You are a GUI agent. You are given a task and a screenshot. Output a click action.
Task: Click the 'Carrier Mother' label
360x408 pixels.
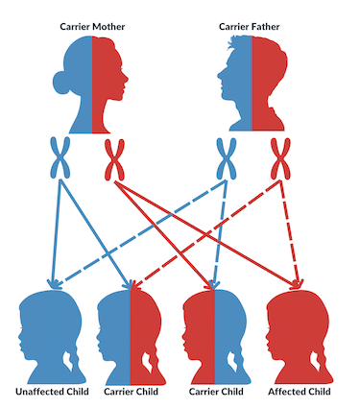[92, 27]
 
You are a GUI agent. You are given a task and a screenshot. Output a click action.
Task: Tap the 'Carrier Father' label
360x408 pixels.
[250, 27]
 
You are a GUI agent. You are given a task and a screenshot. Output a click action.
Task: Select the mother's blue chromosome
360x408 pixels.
[60, 157]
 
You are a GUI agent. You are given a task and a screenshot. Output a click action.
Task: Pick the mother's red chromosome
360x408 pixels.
[114, 159]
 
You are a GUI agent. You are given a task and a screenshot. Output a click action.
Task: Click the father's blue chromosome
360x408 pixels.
[227, 158]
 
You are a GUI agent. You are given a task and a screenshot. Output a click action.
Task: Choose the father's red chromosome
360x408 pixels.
[280, 158]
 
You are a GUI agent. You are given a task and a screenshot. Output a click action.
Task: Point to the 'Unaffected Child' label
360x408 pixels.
[52, 392]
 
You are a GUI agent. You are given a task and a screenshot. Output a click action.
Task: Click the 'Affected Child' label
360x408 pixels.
[300, 392]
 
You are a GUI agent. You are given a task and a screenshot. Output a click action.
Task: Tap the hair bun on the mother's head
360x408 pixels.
[60, 83]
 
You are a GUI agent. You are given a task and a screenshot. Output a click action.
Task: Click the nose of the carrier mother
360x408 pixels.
[126, 78]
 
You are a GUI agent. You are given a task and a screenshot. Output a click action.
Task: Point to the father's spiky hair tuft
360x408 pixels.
[232, 43]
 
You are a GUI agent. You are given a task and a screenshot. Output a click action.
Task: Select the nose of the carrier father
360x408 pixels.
[220, 76]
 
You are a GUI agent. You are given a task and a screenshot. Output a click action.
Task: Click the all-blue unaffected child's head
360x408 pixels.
[51, 336]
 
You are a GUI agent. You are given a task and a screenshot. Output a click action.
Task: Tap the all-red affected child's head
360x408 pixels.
[300, 336]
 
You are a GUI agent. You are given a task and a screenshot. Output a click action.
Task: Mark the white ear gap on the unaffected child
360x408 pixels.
[68, 361]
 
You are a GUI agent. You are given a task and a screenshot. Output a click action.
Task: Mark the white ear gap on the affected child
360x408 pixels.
[316, 361]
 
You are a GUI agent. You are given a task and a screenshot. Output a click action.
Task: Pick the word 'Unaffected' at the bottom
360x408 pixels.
[39, 392]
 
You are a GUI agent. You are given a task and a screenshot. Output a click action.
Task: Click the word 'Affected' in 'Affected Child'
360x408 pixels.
[286, 392]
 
